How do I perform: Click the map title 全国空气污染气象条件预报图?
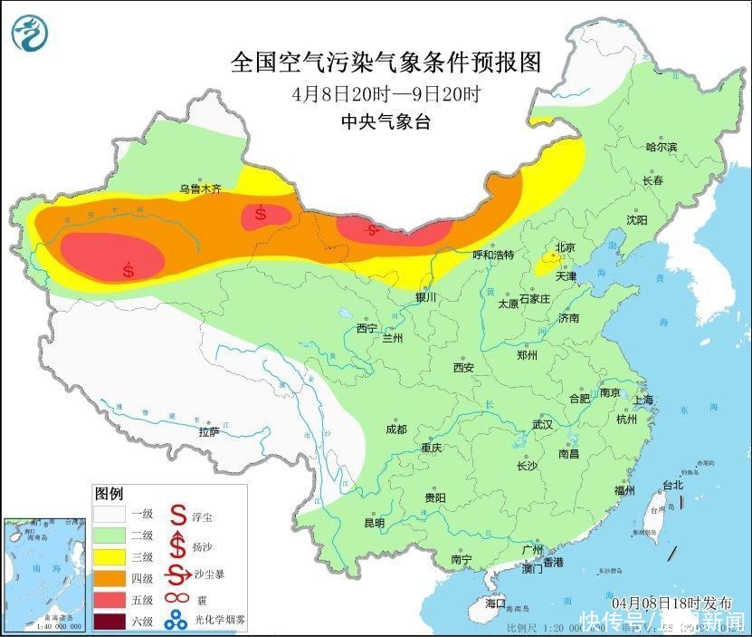click(386, 63)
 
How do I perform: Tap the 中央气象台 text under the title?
click(386, 121)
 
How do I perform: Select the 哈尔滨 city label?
click(661, 146)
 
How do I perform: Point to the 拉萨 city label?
click(209, 432)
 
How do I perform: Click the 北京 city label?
click(565, 246)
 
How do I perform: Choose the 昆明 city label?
click(374, 523)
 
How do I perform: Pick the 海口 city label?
click(495, 603)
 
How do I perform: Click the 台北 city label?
click(673, 485)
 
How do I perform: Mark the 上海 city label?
click(644, 401)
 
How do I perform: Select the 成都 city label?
click(396, 429)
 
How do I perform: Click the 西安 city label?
click(463, 368)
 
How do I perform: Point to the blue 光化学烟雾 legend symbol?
click(176, 621)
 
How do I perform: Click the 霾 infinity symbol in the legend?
click(176, 599)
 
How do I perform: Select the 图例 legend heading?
click(109, 494)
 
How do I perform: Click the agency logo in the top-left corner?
click(31, 33)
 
